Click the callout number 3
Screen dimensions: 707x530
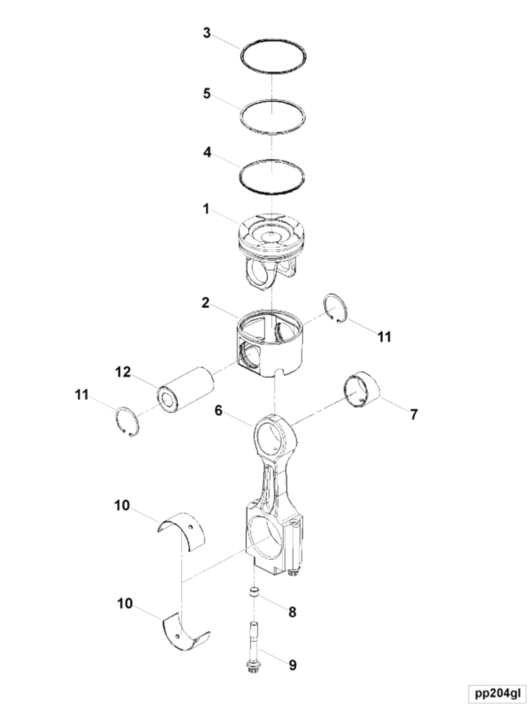(x=207, y=33)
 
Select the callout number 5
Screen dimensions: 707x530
(x=207, y=94)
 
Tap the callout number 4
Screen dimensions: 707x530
(x=207, y=152)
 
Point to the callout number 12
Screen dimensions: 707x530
(x=123, y=372)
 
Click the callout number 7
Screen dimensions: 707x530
(x=414, y=414)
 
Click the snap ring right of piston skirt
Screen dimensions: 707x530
(x=336, y=308)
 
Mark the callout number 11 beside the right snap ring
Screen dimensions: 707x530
(x=384, y=337)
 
